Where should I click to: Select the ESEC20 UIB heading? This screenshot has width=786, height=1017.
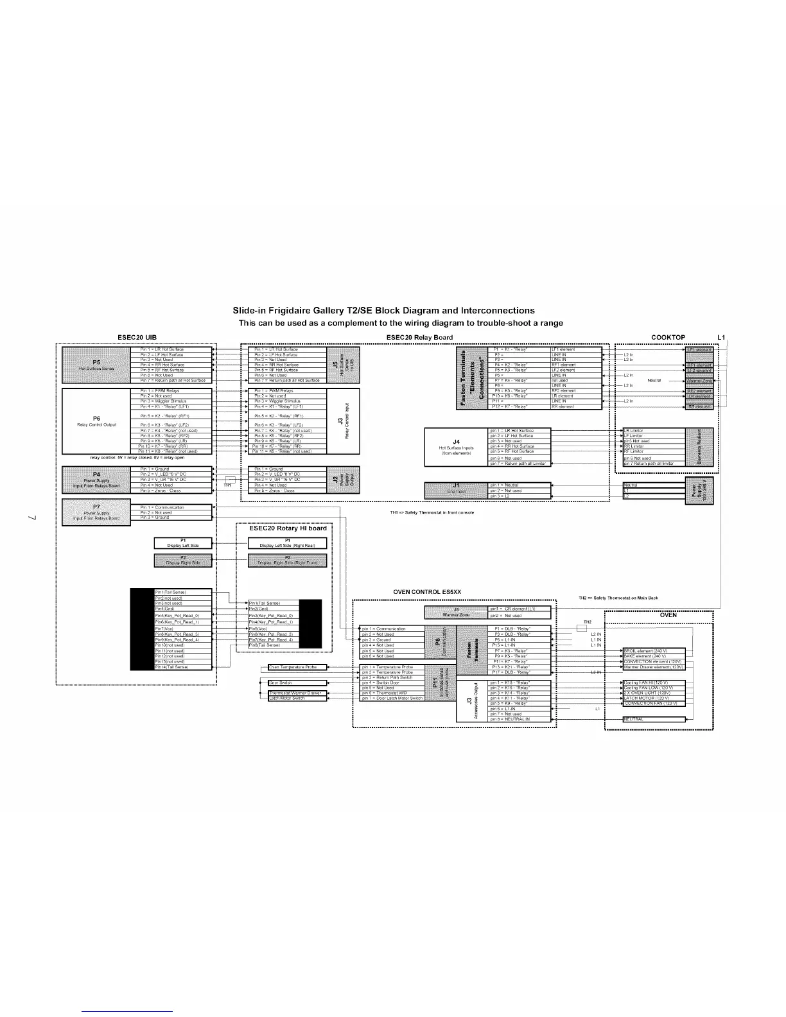[x=137, y=337]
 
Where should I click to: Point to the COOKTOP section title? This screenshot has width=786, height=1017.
[x=668, y=337]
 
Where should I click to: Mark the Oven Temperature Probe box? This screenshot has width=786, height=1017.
[x=297, y=667]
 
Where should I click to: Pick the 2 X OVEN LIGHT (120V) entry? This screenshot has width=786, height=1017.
[x=653, y=693]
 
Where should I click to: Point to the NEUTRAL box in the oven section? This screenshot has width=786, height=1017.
[x=653, y=720]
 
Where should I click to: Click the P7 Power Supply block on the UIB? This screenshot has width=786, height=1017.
[x=96, y=512]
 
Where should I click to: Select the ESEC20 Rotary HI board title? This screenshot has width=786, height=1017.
[x=288, y=528]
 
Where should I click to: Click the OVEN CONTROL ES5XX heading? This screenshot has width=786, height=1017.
[x=426, y=592]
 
